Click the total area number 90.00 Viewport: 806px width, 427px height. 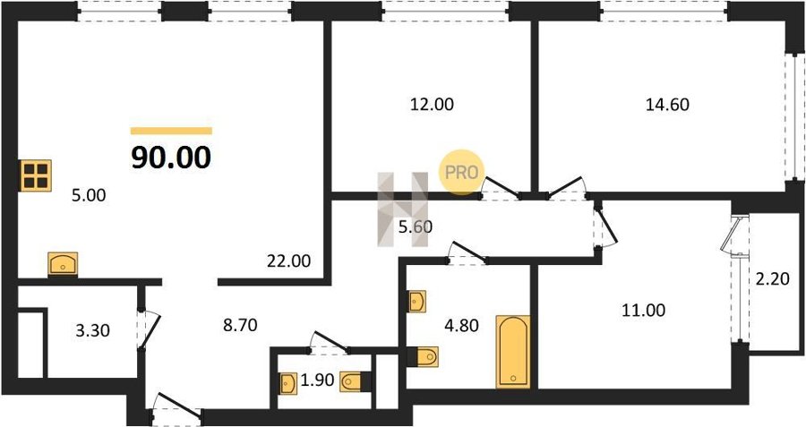[x=171, y=158]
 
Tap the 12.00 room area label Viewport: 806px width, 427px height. [x=431, y=105]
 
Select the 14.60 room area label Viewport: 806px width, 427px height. [x=666, y=105]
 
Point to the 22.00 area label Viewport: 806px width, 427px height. [x=288, y=261]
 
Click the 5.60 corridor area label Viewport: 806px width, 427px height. [x=415, y=227]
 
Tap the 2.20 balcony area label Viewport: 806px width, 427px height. [x=772, y=279]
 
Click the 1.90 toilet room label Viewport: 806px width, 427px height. [x=318, y=380]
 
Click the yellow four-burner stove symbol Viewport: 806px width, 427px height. [x=36, y=175]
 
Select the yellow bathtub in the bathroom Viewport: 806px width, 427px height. [x=514, y=351]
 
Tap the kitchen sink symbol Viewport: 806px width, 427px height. [x=63, y=263]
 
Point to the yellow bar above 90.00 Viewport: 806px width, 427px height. [x=171, y=131]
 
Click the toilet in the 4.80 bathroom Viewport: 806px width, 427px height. [x=424, y=357]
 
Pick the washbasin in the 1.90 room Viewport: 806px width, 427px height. [x=289, y=384]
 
